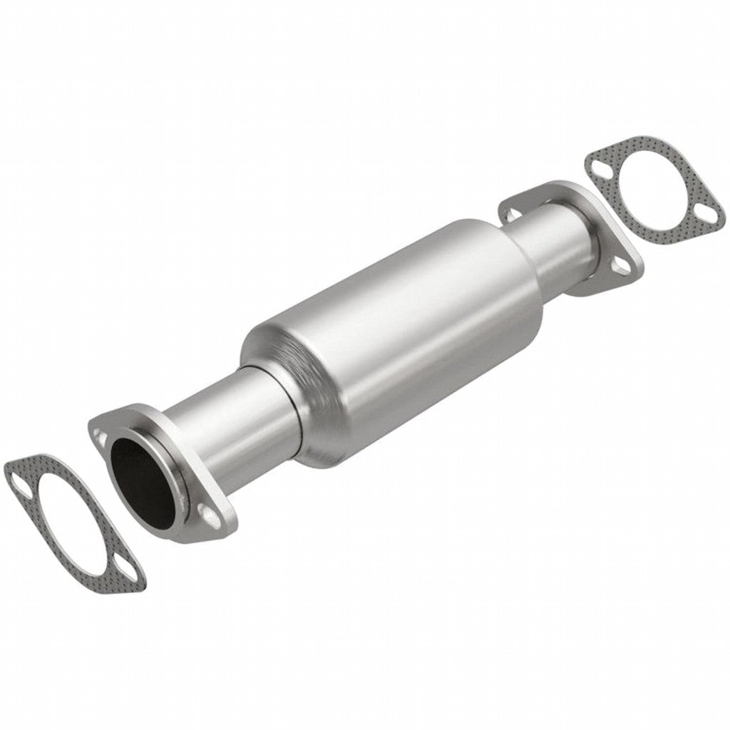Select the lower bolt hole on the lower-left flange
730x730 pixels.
(206, 512)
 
